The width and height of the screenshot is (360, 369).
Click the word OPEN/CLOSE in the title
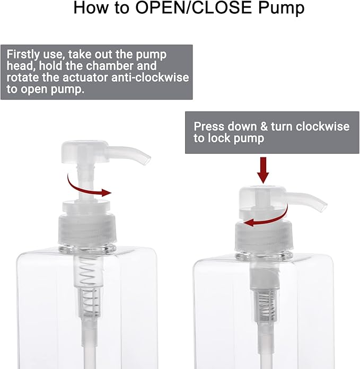194,7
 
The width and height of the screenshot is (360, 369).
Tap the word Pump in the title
281,8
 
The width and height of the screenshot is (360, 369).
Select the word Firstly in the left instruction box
23,55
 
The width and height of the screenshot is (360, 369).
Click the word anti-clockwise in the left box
150,77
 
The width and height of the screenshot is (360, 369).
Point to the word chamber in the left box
108,66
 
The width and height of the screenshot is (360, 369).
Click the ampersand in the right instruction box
264,126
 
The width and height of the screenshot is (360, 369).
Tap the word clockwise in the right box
322,126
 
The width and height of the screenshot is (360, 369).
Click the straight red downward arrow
263,170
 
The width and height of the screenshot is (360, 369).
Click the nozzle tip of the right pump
323,207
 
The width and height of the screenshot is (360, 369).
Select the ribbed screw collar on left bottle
87,229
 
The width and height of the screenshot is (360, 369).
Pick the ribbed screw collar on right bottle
264,237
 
